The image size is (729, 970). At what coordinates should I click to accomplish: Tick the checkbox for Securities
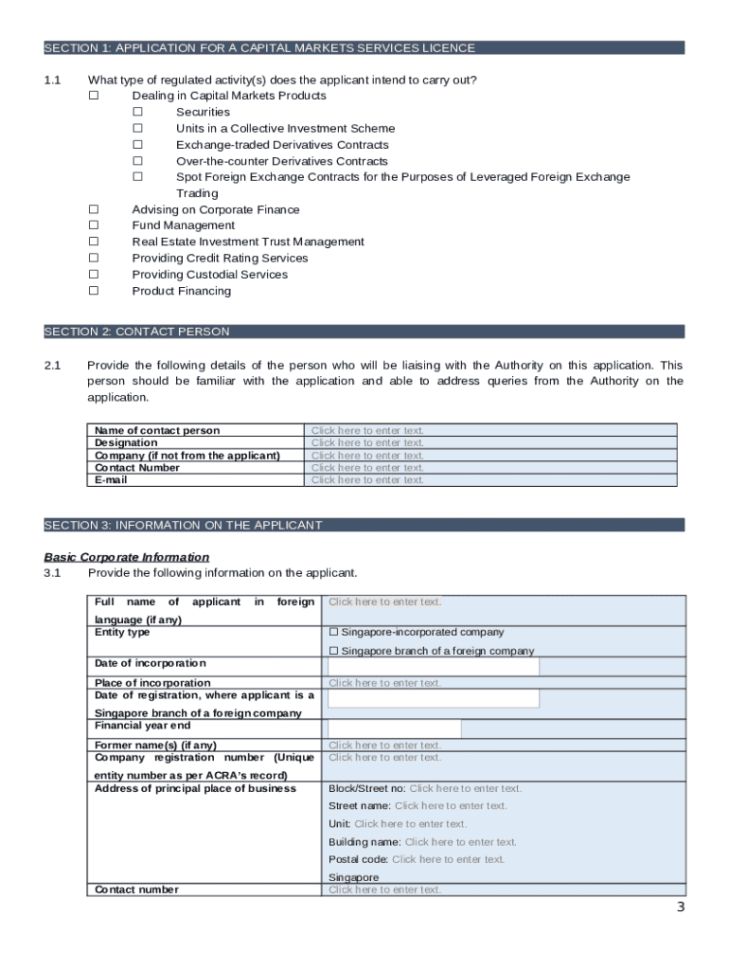pyautogui.click(x=137, y=112)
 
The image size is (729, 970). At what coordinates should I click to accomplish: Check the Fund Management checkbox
pyautogui.click(x=94, y=225)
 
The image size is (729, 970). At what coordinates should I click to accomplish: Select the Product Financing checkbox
pyautogui.click(x=94, y=291)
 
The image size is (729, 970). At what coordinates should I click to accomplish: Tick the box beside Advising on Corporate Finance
pyautogui.click(x=94, y=209)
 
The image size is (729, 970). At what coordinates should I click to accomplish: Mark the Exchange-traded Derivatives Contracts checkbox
pyautogui.click(x=137, y=145)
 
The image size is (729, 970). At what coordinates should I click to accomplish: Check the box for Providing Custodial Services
pyautogui.click(x=94, y=275)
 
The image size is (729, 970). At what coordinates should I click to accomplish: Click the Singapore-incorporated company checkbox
pyautogui.click(x=333, y=632)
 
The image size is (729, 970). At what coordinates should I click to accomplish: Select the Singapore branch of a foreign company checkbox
pyautogui.click(x=333, y=651)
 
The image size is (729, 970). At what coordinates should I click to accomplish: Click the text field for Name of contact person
pyautogui.click(x=367, y=430)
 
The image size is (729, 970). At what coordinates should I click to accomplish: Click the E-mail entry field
pyautogui.click(x=367, y=479)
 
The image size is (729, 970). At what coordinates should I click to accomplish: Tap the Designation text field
pyautogui.click(x=367, y=442)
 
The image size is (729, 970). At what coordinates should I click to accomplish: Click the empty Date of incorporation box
pyautogui.click(x=433, y=666)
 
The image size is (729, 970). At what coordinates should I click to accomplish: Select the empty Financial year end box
pyautogui.click(x=394, y=728)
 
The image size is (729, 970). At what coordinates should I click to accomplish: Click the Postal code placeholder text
pyautogui.click(x=448, y=859)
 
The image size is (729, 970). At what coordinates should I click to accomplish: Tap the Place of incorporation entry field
pyautogui.click(x=384, y=683)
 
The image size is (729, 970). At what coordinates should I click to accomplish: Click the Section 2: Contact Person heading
pyautogui.click(x=136, y=332)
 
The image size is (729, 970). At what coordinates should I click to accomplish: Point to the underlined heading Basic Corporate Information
pyautogui.click(x=127, y=557)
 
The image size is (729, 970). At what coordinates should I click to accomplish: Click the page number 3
pyautogui.click(x=680, y=907)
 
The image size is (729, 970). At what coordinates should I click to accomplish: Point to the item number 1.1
pyautogui.click(x=52, y=80)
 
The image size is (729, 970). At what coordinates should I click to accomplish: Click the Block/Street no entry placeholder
pyautogui.click(x=465, y=788)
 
